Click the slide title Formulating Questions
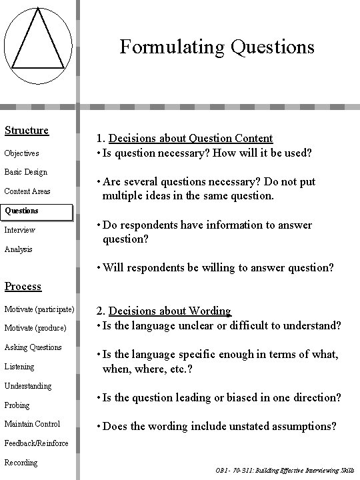click(217, 47)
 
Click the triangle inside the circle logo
click(39, 44)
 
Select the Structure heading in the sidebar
click(27, 130)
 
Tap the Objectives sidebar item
click(22, 153)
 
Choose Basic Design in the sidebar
click(26, 172)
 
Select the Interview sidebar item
click(20, 230)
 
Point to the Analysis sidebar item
click(19, 249)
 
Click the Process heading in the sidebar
click(23, 286)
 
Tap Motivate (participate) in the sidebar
click(39, 309)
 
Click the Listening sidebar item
click(19, 367)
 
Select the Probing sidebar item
click(17, 405)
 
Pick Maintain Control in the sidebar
click(32, 424)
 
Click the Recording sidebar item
click(21, 463)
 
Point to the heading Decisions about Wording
click(169, 311)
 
